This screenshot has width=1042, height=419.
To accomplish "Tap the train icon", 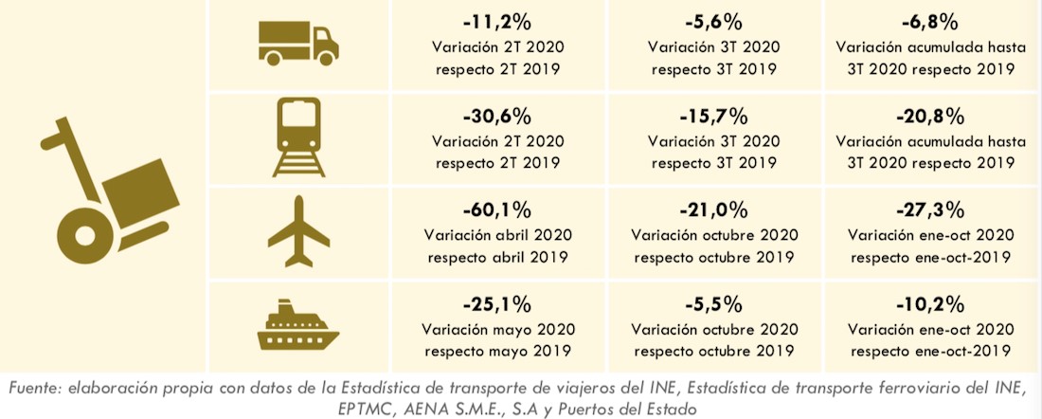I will tap(297, 138).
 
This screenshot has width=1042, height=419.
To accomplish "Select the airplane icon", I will tap(297, 232).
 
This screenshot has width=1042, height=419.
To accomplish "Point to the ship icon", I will tap(297, 326).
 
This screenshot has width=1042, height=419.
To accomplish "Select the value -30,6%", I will tap(496, 117).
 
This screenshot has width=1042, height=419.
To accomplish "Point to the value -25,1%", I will tap(496, 305).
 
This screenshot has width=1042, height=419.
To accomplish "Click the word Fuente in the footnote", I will tap(36, 388).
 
